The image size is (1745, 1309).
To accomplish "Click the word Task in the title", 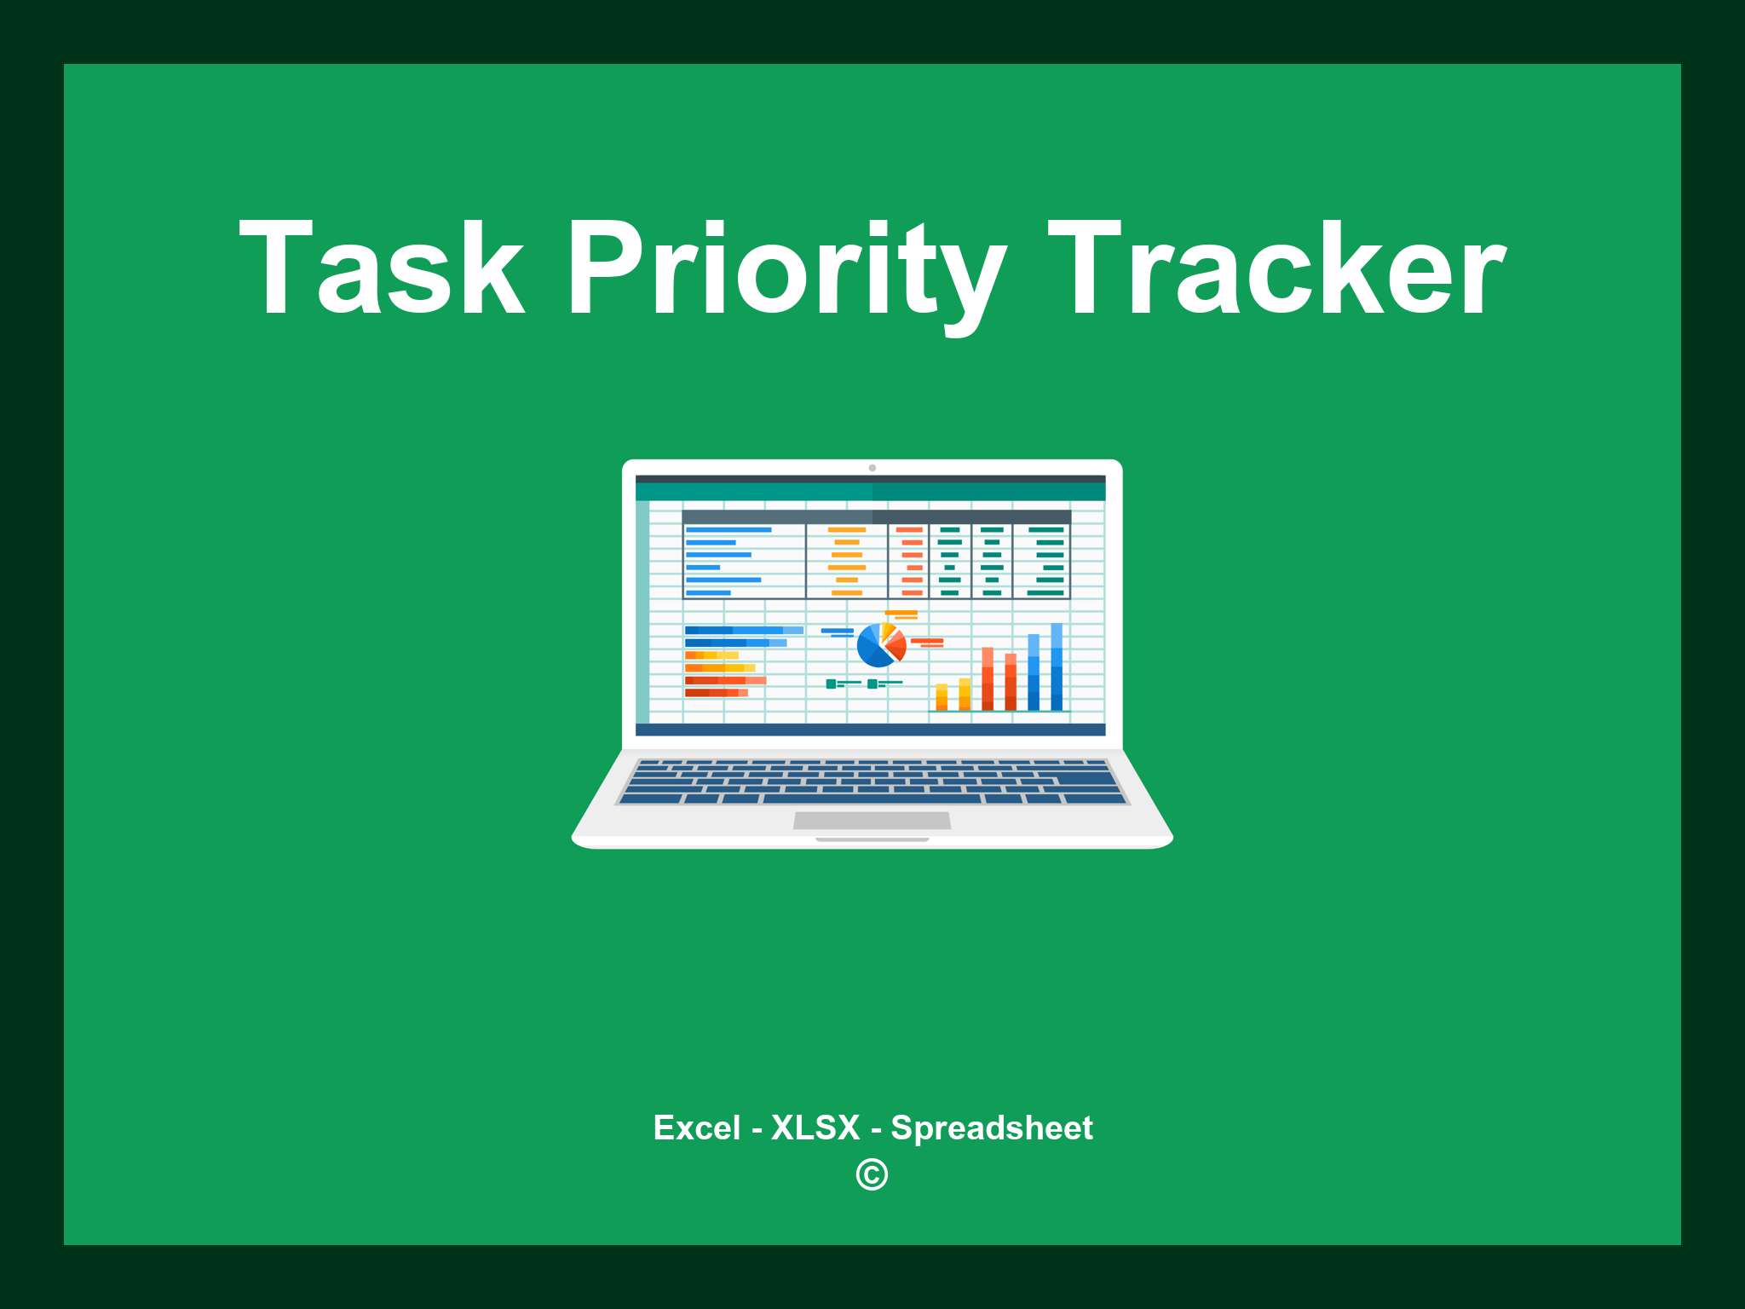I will tap(381, 268).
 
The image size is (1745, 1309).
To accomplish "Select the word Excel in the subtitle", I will tap(696, 1128).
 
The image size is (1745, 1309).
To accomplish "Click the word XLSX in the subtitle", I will tap(815, 1128).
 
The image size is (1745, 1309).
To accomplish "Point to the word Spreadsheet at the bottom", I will tap(991, 1128).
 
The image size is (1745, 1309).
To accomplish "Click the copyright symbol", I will tap(872, 1175).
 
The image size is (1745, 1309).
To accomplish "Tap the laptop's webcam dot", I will tap(872, 468).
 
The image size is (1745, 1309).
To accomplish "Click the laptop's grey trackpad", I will tap(872, 820).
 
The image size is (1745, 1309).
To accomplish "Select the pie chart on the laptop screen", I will tap(880, 646).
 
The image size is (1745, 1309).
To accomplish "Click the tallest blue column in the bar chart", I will tap(1057, 666).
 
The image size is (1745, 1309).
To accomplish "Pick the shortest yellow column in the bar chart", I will tap(942, 696).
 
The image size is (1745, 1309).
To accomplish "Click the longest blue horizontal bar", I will tap(743, 630).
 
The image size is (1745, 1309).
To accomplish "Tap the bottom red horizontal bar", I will tap(716, 693).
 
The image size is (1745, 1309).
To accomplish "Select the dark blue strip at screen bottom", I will tap(870, 729).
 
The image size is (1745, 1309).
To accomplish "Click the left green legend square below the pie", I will tap(831, 683).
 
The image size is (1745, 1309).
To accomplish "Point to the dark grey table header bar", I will tap(876, 516).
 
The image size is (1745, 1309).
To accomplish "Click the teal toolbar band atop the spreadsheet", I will tap(870, 492).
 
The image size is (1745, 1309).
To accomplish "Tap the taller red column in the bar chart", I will tap(988, 679).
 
